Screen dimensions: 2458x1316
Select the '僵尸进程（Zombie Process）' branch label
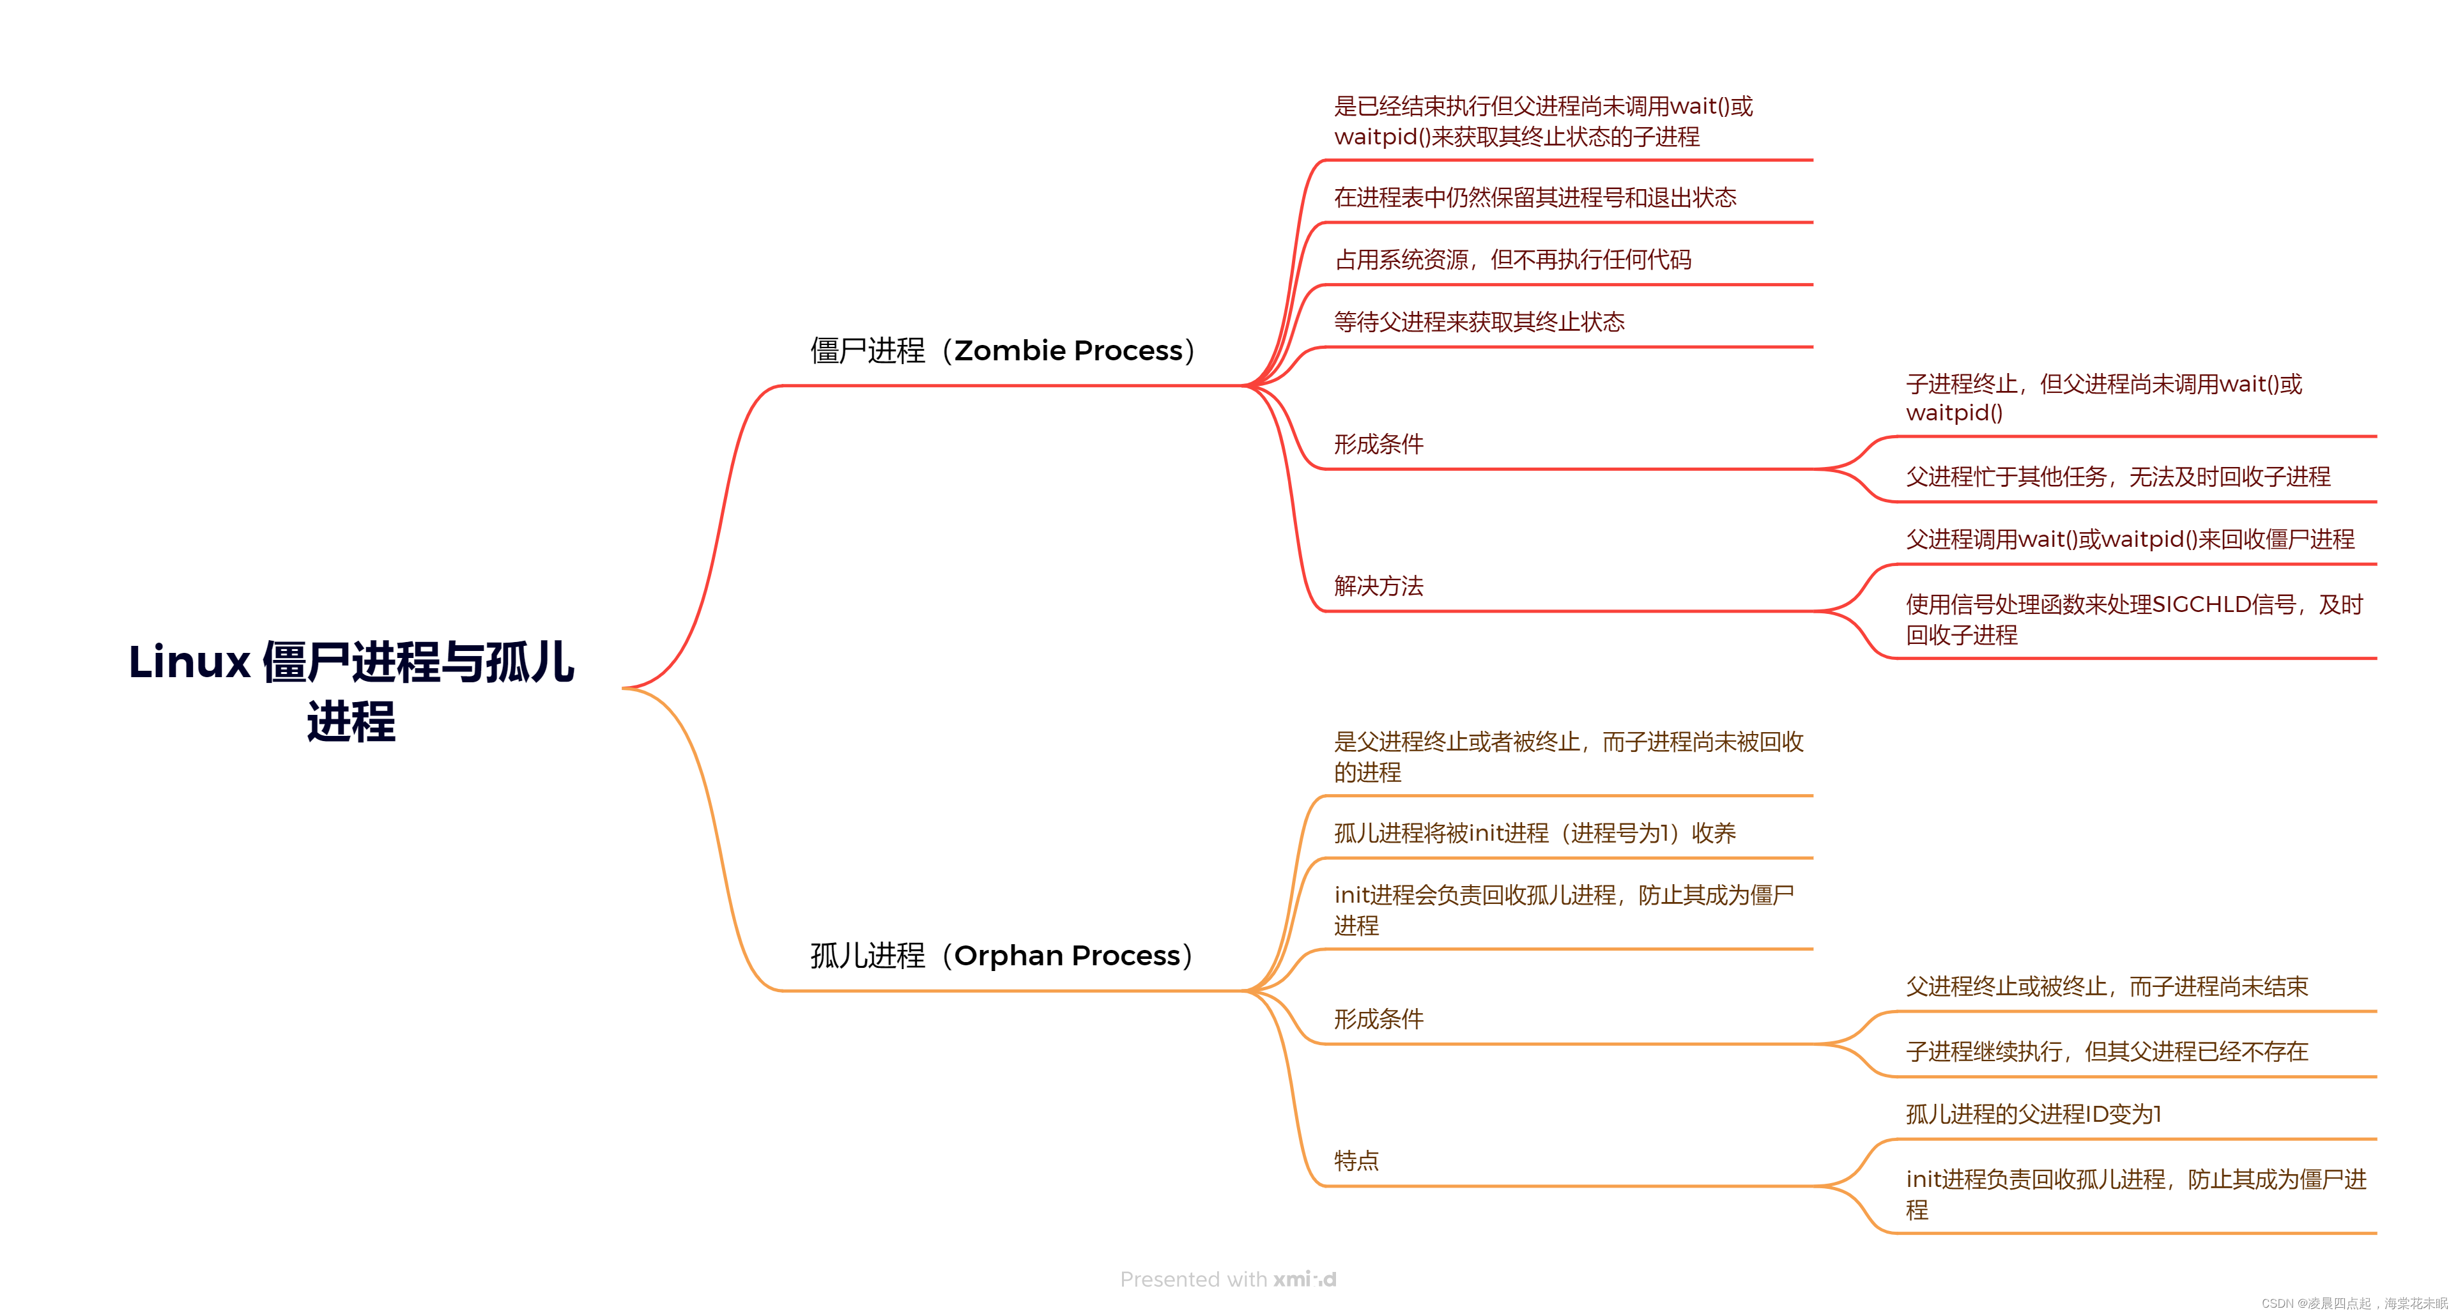point(1002,350)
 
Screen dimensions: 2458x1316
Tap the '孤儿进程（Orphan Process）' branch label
point(1002,955)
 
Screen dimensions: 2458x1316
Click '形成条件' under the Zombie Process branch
point(1378,444)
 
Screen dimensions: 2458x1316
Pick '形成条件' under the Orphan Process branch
point(1378,1019)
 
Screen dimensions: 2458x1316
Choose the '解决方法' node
point(1378,586)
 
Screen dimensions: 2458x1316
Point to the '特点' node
point(1356,1161)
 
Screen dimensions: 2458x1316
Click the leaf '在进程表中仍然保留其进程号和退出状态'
point(1534,197)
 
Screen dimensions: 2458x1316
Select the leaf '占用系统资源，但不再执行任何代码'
point(1512,259)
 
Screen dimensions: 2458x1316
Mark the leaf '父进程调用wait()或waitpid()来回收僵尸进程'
point(2130,539)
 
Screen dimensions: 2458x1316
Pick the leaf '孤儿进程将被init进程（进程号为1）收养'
point(1534,833)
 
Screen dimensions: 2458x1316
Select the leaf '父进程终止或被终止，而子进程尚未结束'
point(2107,987)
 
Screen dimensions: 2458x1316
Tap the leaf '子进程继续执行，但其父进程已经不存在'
point(2107,1052)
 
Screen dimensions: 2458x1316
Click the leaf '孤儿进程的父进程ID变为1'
point(2033,1113)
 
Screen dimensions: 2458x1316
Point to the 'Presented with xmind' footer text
point(1228,1279)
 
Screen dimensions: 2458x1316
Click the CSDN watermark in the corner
point(2353,1303)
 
